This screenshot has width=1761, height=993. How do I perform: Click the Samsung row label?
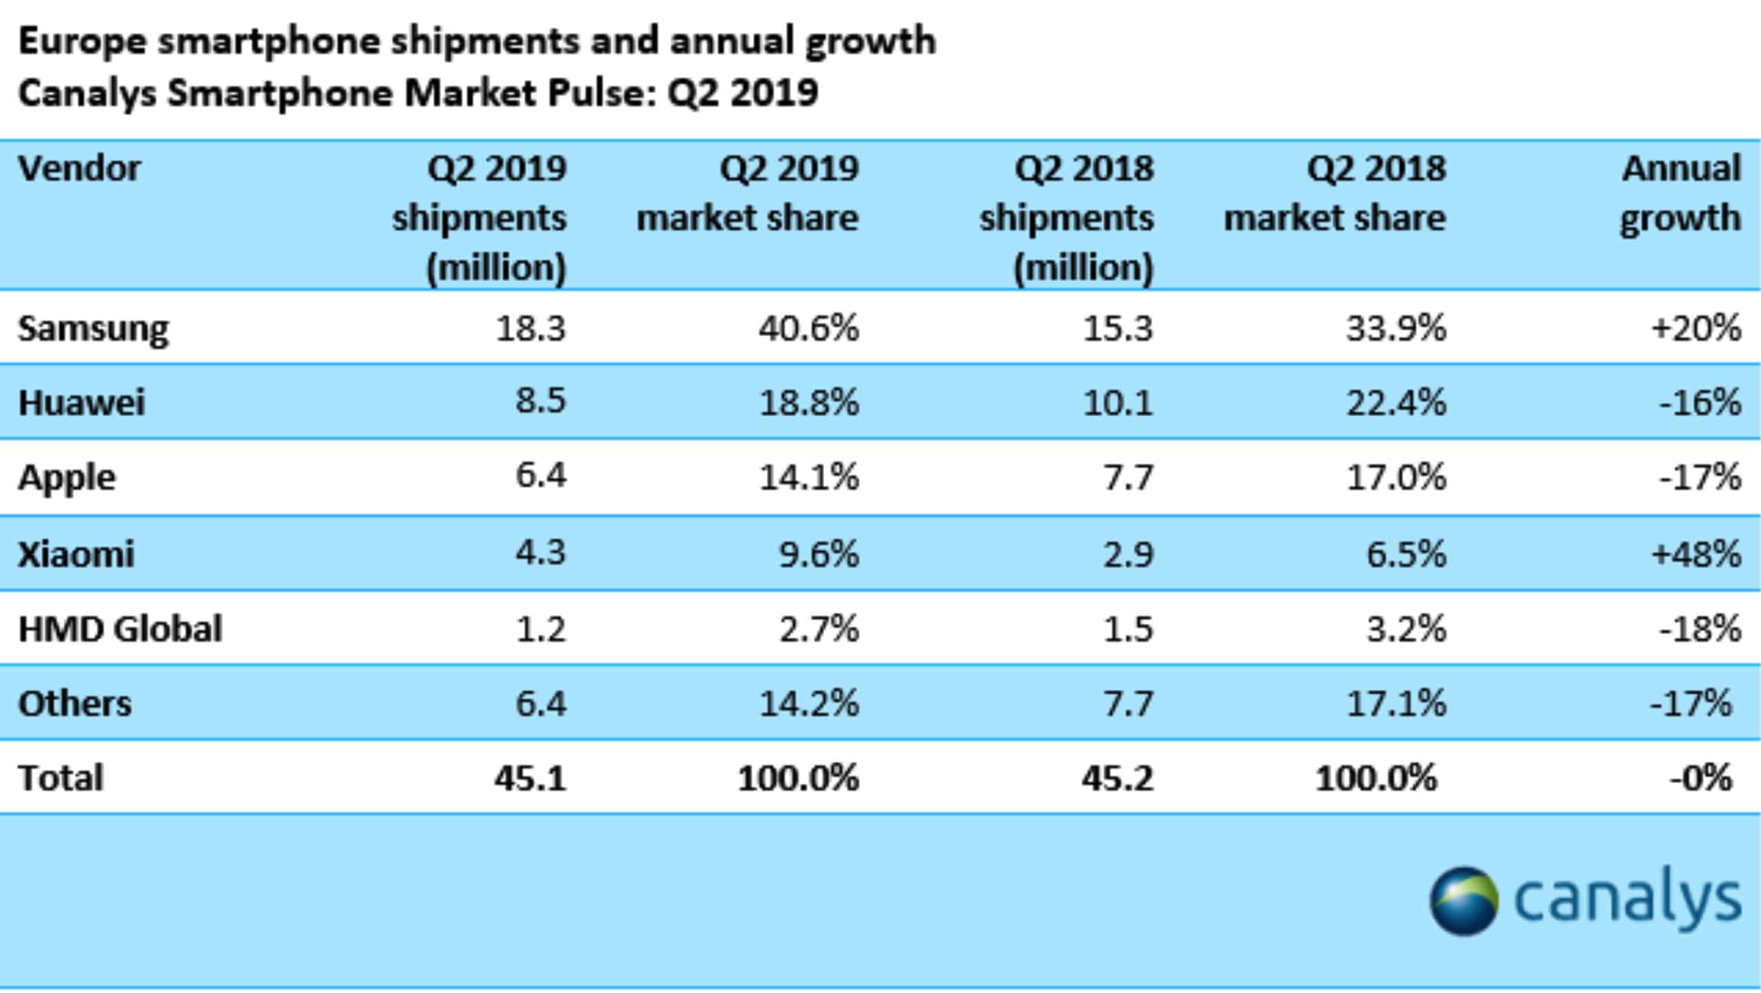click(x=93, y=329)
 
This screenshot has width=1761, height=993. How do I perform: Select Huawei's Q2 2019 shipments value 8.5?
click(x=540, y=401)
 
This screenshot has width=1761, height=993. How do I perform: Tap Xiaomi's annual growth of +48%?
click(x=1696, y=553)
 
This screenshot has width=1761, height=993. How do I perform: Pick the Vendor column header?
click(x=79, y=168)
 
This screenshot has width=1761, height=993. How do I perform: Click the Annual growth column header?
click(x=1681, y=192)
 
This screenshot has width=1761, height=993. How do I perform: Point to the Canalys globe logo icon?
click(x=1463, y=901)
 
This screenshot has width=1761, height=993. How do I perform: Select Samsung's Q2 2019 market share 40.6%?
click(x=809, y=328)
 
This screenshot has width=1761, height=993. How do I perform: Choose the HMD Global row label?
click(x=121, y=629)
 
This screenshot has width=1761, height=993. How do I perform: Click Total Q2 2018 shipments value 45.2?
click(x=1117, y=779)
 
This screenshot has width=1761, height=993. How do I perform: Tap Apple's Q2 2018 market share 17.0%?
click(x=1396, y=478)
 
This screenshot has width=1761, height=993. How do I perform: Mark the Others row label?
click(x=75, y=703)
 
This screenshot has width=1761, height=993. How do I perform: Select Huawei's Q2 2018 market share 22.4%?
click(x=1396, y=402)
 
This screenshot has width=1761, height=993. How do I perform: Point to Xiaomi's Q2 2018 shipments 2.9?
click(x=1128, y=554)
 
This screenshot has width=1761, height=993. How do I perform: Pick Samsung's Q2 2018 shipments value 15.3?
click(x=1118, y=328)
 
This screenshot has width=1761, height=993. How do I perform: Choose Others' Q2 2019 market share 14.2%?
click(x=809, y=703)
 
